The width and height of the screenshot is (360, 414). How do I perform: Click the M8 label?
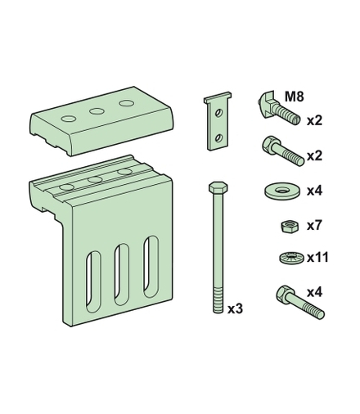tap(294, 97)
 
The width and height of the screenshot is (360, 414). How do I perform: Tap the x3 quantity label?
tap(235, 309)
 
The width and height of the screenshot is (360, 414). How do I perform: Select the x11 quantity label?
tap(317, 258)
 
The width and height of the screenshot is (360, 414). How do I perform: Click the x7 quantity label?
tap(314, 226)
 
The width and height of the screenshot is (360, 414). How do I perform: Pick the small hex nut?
tap(290, 227)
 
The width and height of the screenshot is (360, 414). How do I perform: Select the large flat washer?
tap(282, 191)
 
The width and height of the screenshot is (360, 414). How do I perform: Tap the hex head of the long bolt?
tap(218, 187)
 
